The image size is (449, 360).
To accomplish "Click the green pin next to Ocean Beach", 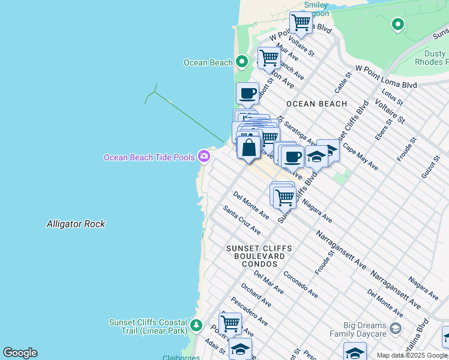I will click(x=241, y=62).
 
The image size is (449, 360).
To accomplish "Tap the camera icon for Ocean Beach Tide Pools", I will click(x=204, y=156).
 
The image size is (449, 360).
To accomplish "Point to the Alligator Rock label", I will click(x=76, y=224).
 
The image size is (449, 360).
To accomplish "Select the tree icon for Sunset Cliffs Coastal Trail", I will click(x=196, y=326).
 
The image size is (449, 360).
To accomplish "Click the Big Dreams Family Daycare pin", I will click(x=395, y=328).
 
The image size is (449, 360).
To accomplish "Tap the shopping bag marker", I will click(x=249, y=147).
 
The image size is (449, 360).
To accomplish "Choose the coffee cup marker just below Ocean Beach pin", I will click(x=247, y=94).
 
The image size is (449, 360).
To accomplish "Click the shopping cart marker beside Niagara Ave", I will click(x=284, y=196).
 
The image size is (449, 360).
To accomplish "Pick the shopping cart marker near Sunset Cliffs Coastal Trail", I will click(x=230, y=323).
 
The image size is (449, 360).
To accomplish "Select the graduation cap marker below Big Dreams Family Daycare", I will click(x=355, y=352).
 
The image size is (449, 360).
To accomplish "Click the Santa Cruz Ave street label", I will click(x=241, y=220).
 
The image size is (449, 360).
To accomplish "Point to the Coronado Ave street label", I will click(x=300, y=286).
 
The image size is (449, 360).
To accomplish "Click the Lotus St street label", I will click(x=391, y=101).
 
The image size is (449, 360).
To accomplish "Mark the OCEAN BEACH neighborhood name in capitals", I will click(x=316, y=104).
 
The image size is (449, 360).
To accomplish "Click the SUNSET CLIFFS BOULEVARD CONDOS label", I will click(x=259, y=256).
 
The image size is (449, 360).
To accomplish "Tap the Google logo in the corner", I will click(x=20, y=353).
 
